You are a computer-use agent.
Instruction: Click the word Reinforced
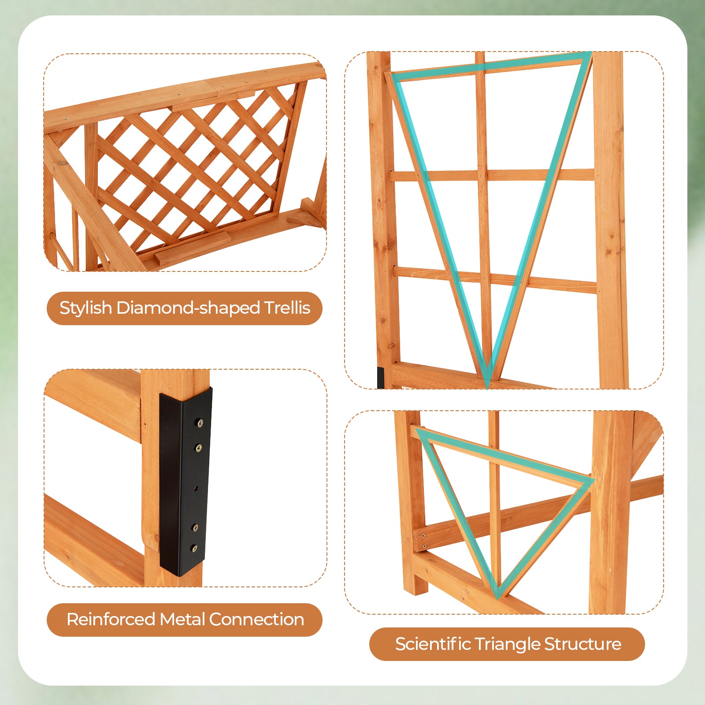point(111,620)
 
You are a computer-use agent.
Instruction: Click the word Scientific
point(433,644)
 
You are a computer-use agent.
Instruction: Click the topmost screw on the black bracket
point(200,423)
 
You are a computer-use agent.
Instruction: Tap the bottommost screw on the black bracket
point(194,549)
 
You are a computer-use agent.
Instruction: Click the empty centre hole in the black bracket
point(197,488)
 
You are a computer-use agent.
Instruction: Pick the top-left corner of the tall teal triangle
point(392,75)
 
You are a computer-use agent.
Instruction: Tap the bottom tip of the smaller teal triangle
point(497,597)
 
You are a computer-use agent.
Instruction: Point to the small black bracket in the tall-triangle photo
point(380,377)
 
